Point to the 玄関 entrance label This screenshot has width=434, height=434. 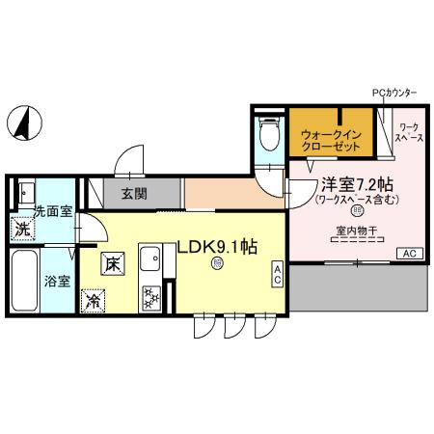point(134,194)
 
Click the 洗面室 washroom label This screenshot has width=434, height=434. point(53,209)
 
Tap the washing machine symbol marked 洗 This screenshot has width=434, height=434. point(20,231)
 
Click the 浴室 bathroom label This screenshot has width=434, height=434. point(57,282)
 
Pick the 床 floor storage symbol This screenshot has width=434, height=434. point(112,262)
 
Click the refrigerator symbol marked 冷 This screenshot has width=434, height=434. point(95,300)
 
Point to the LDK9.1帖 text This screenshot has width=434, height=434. point(216,247)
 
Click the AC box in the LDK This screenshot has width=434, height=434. point(277,274)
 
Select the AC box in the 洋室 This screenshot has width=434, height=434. point(410,253)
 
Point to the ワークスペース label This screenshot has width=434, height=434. point(409,133)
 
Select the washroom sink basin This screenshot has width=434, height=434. point(26,191)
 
